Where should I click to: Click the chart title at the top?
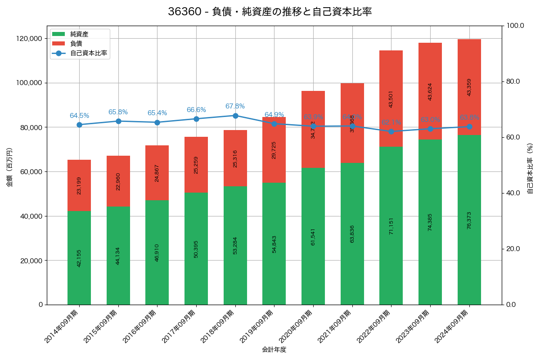pos(270,12)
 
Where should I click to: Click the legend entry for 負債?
pos(76,44)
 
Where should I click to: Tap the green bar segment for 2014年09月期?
pos(79,258)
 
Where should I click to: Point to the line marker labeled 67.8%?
pos(235,116)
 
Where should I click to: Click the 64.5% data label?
pos(79,116)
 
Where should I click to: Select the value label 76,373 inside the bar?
pos(469,220)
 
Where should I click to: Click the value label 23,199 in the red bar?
pos(79,185)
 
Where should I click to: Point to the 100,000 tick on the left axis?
pos(28,83)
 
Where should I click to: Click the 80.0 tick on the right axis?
pos(513,81)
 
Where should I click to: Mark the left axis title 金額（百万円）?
pos(9,167)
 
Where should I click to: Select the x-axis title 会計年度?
pos(274,349)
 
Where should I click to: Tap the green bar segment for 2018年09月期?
pos(235,245)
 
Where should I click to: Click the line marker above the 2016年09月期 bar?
pos(157,122)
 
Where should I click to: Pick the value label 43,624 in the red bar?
pos(430,91)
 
